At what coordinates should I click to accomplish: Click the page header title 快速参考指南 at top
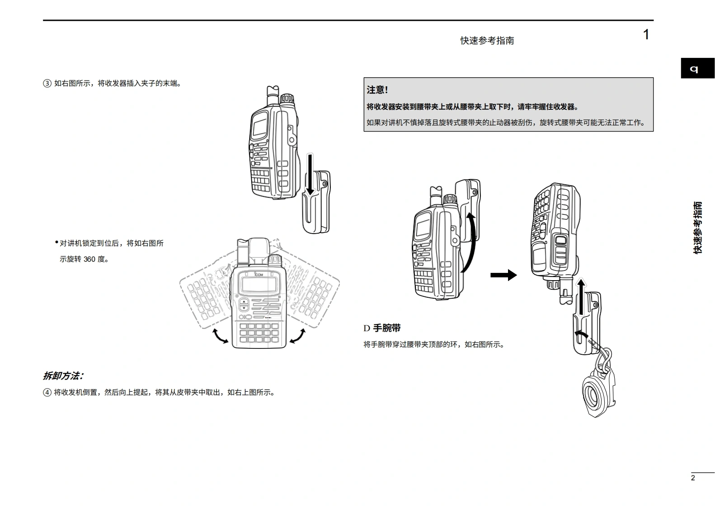[x=487, y=41]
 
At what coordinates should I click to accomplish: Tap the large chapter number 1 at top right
[x=646, y=35]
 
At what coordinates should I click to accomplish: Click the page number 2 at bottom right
[x=693, y=478]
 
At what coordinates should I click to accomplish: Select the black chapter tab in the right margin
[x=697, y=69]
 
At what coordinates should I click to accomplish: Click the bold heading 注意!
[x=377, y=90]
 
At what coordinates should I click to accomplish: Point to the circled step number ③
[x=47, y=84]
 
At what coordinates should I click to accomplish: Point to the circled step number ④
[x=47, y=392]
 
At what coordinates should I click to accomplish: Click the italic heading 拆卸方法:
[x=63, y=376]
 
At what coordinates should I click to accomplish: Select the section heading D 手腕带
[x=382, y=328]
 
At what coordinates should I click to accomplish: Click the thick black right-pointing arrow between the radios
[x=503, y=275]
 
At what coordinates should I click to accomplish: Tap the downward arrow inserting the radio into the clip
[x=310, y=174]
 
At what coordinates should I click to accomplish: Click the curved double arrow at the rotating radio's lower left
[x=220, y=336]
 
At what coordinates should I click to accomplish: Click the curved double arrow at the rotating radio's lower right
[x=297, y=336]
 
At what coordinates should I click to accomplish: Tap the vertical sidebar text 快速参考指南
[x=698, y=228]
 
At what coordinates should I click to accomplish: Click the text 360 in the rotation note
[x=89, y=259]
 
